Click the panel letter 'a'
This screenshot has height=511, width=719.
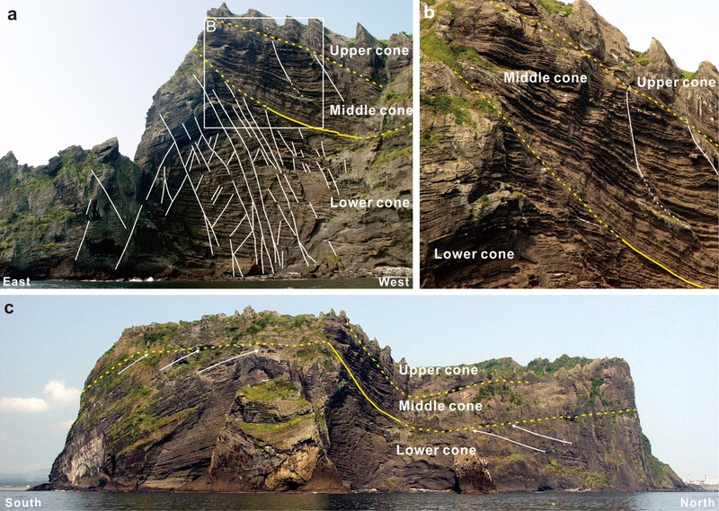13,14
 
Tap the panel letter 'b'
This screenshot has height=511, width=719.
430,13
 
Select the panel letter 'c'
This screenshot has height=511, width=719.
9,308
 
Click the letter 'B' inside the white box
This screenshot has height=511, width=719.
211,27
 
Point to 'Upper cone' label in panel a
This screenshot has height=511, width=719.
369,50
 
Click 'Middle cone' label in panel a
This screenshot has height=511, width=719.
371,110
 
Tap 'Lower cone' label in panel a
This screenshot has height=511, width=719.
370,203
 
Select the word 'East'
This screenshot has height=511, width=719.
16,281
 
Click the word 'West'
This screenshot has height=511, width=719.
394,281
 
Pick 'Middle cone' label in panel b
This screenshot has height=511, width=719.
546,77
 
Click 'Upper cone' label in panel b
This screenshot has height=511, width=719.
676,83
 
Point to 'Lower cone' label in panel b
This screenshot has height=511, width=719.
475,254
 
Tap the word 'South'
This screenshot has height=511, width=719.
23,503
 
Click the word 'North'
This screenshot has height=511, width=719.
697,503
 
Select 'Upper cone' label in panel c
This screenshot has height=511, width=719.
439,370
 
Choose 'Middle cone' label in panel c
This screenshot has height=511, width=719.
440,406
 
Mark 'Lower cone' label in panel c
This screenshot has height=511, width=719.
436,450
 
